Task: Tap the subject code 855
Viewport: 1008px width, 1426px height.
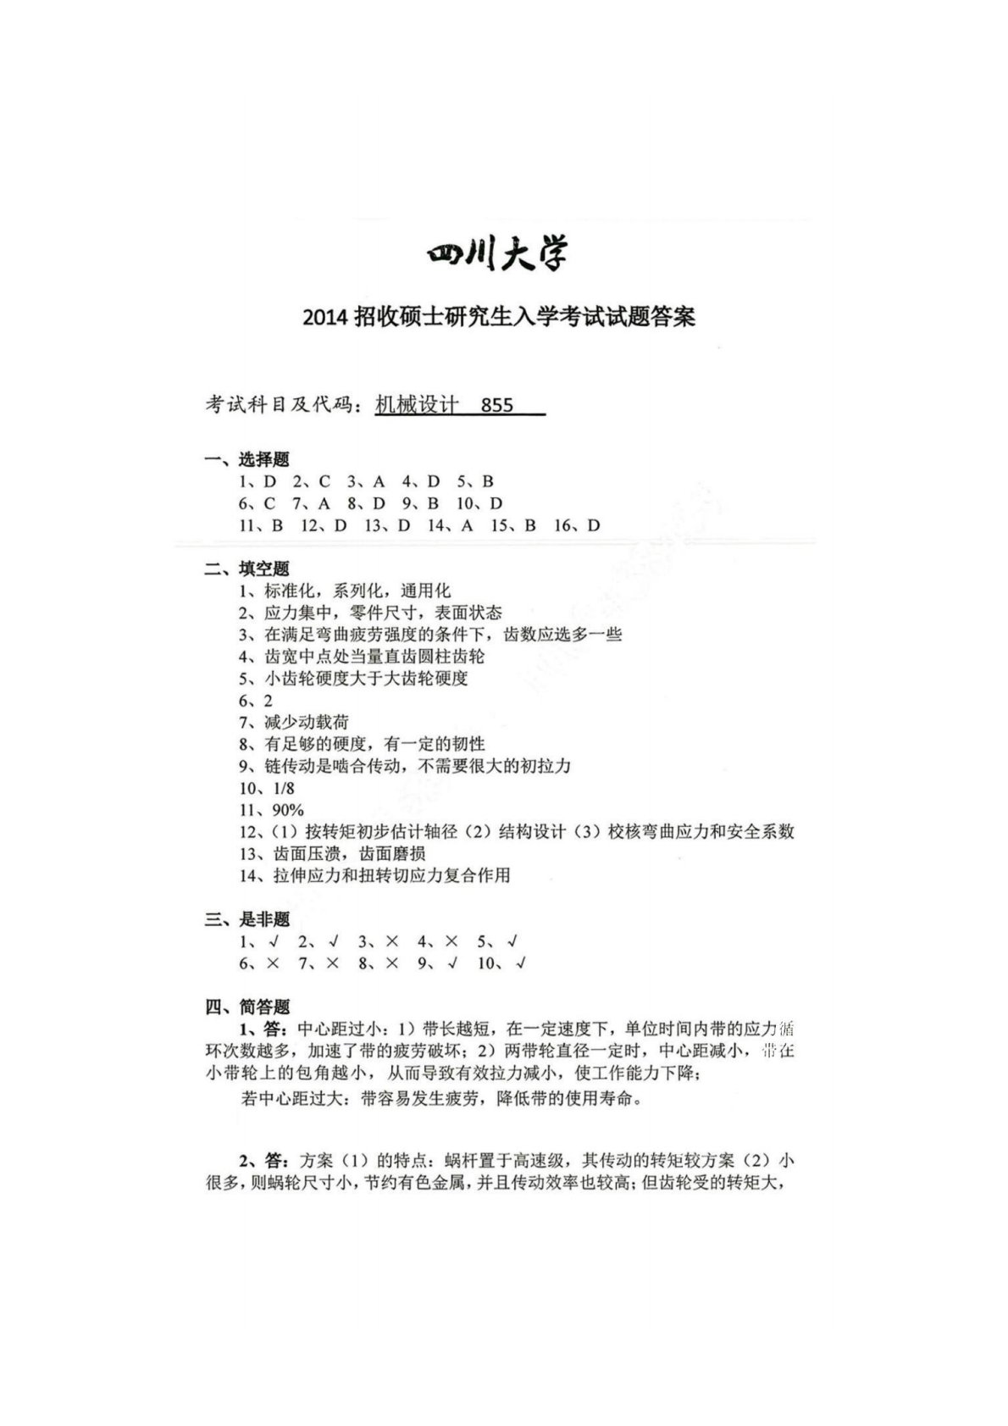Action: [x=496, y=405]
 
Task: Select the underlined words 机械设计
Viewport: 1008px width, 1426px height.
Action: [x=417, y=405]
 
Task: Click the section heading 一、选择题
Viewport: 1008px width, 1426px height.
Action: [x=246, y=459]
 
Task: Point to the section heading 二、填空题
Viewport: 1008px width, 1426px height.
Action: [x=246, y=569]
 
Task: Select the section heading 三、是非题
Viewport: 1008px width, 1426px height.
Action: [x=246, y=919]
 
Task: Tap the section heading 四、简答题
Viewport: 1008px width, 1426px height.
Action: [x=246, y=1007]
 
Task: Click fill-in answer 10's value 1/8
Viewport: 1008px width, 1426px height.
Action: [x=283, y=788]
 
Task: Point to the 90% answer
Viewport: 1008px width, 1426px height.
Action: [x=287, y=810]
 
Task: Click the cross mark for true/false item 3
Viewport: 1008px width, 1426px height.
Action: [x=390, y=941]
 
